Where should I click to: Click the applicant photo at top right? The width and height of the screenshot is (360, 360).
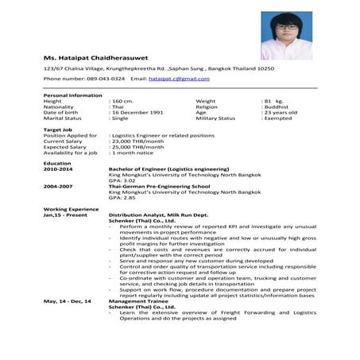coord(285,36)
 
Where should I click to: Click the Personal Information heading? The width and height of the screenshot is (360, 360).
coord(72,95)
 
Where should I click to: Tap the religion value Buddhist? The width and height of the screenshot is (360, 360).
coord(280,106)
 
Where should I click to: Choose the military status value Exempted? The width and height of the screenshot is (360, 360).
coord(281,118)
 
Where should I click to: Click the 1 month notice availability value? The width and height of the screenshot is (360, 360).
coord(132,153)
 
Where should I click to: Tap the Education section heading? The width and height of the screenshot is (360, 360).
coord(58,164)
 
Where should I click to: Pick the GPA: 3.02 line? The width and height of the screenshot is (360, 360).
coord(124,180)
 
